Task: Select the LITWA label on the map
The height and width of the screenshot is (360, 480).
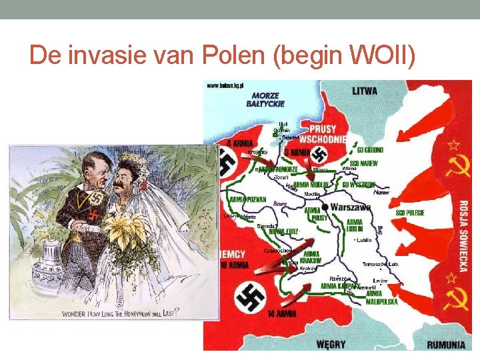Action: tap(364, 91)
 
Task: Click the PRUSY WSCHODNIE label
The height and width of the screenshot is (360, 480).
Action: tap(322, 134)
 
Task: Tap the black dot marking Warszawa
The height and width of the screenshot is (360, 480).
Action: tap(325, 206)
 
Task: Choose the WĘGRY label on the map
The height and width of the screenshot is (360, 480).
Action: tap(331, 344)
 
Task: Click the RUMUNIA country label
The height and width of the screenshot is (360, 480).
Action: tap(446, 344)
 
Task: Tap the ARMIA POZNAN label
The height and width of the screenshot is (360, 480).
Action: tap(247, 199)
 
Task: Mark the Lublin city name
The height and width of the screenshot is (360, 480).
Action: tap(363, 240)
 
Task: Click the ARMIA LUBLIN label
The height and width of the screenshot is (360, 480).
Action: tap(354, 225)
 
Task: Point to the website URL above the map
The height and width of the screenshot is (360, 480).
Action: tap(226, 86)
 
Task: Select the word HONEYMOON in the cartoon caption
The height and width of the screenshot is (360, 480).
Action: tap(155, 313)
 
